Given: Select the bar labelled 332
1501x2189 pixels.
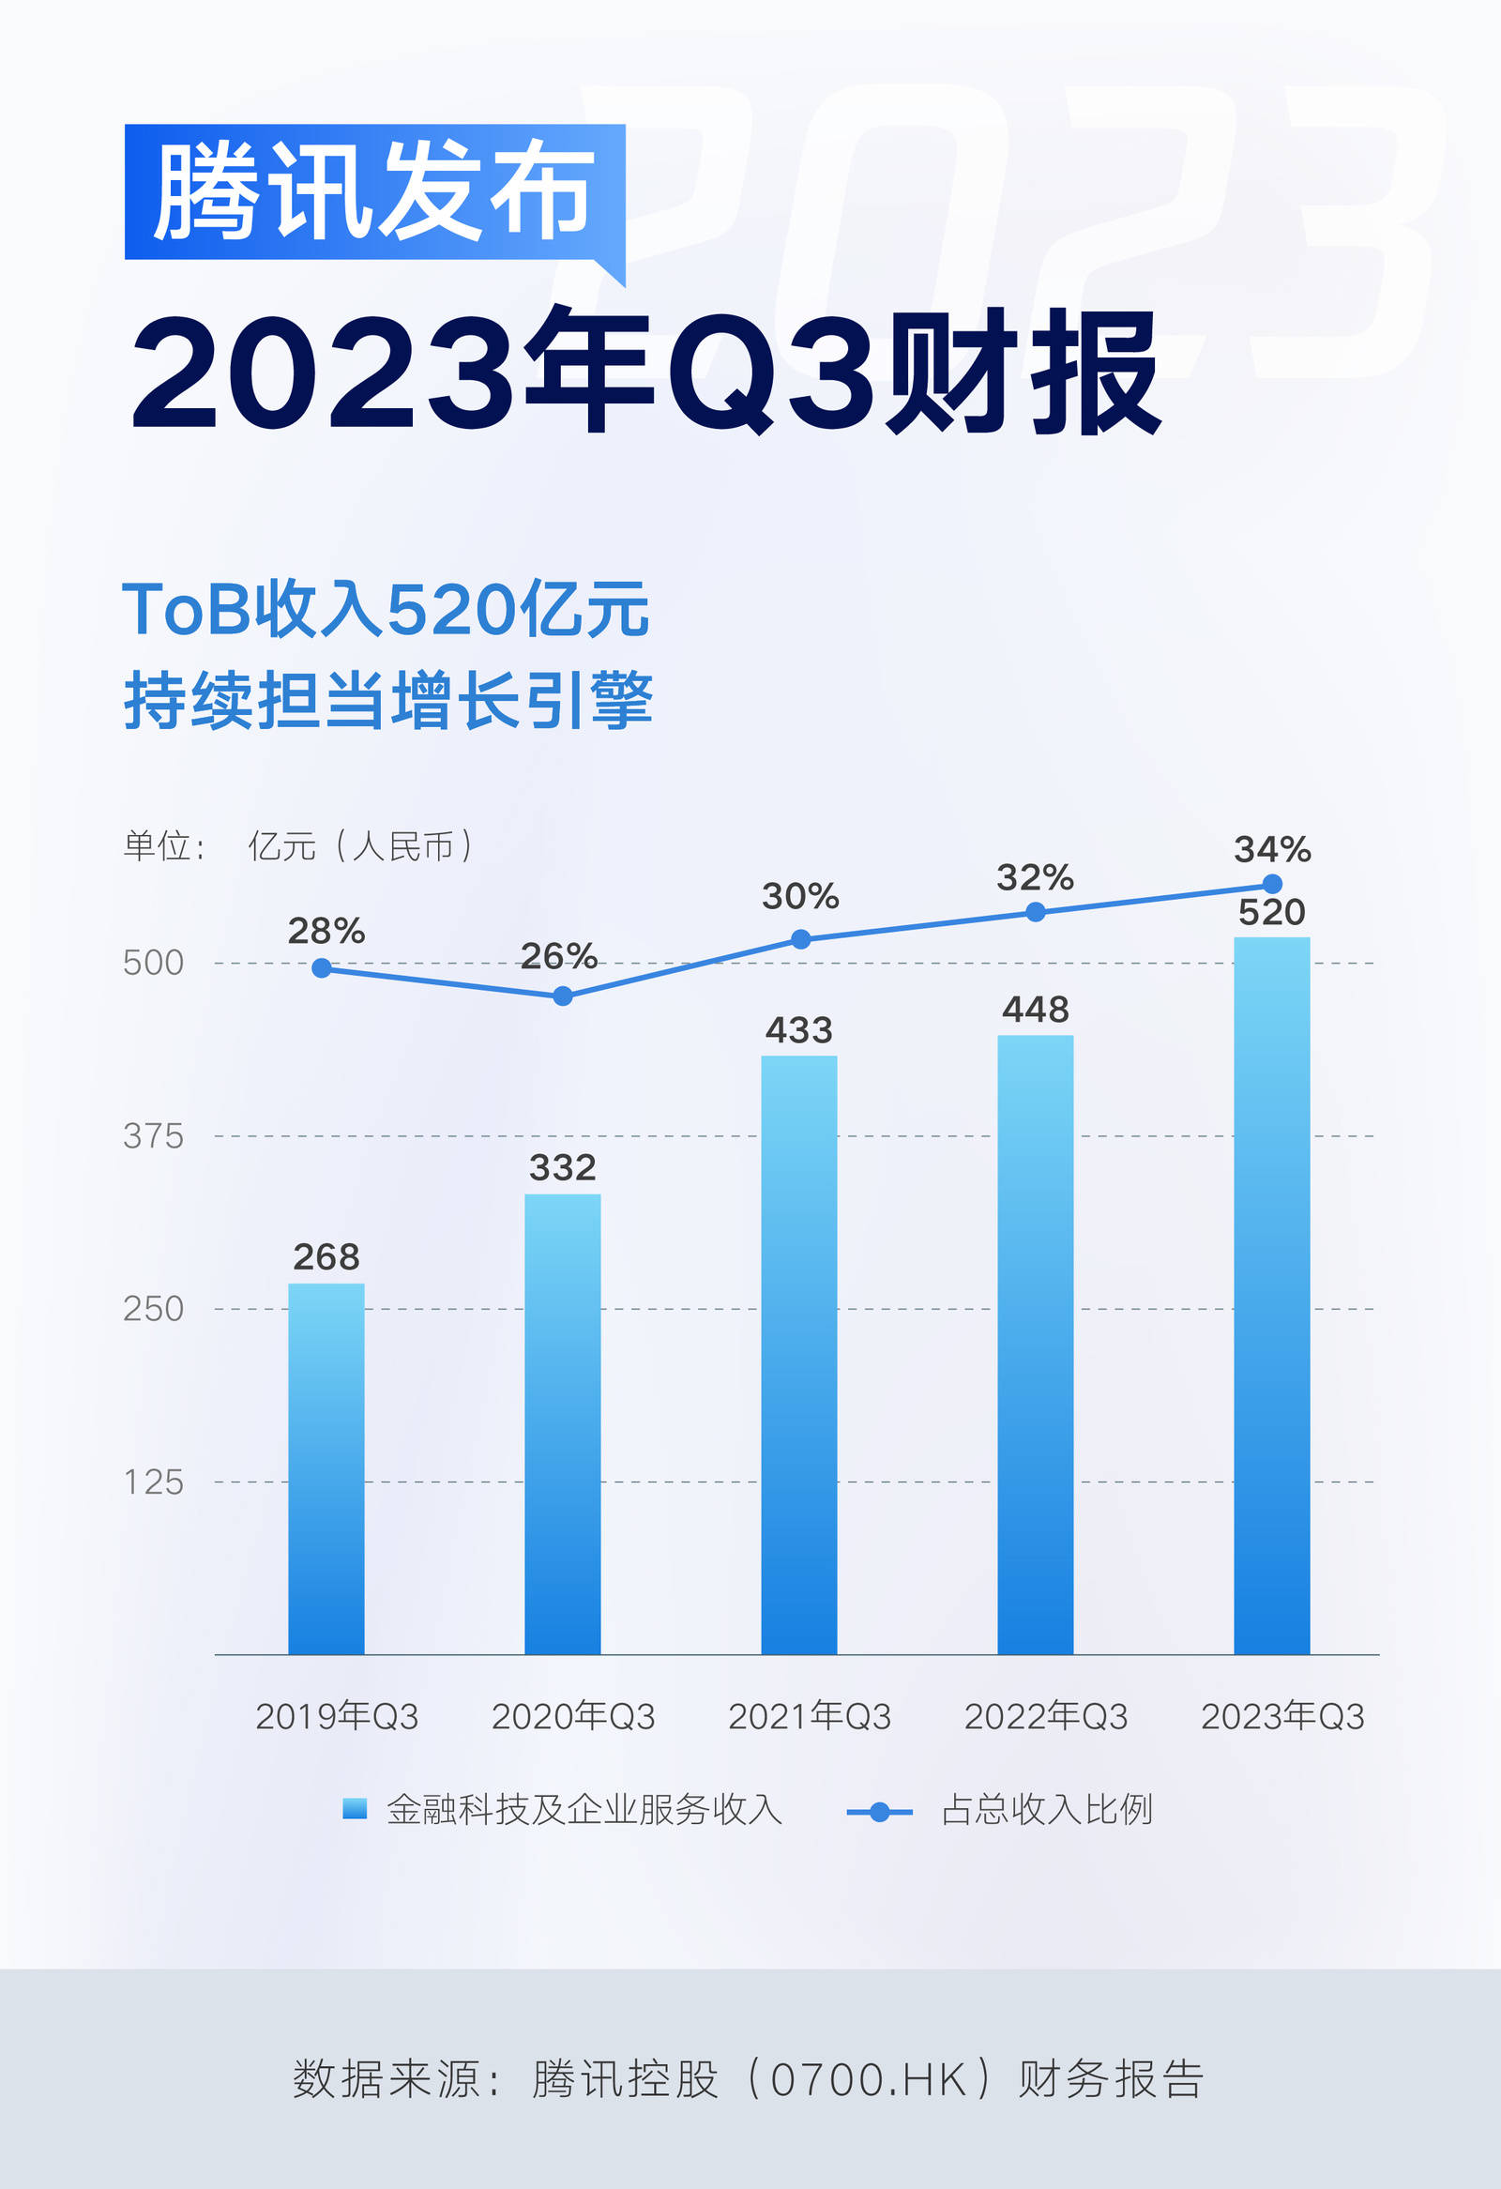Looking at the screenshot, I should click(x=562, y=1423).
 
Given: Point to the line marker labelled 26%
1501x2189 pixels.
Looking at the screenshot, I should click(x=562, y=996).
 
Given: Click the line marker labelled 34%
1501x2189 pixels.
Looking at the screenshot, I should click(x=1271, y=884).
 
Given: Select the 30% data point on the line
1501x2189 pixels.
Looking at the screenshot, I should click(x=800, y=939).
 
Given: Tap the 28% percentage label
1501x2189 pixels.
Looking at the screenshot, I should click(x=326, y=932).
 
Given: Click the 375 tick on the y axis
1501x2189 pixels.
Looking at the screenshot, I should click(x=153, y=1136).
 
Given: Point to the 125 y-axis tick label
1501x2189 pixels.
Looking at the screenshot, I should click(x=153, y=1482).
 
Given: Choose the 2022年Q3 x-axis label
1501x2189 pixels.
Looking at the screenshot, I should click(x=1045, y=1716).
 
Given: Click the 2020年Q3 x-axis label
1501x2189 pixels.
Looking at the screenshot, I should click(x=572, y=1716).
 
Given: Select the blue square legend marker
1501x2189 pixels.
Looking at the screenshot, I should click(x=354, y=1808).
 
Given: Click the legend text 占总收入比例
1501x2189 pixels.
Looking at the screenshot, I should click(x=1046, y=1809).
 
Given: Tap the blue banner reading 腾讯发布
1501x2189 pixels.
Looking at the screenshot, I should click(x=373, y=191).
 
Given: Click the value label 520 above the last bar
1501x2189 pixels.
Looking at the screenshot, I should click(x=1271, y=913).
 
